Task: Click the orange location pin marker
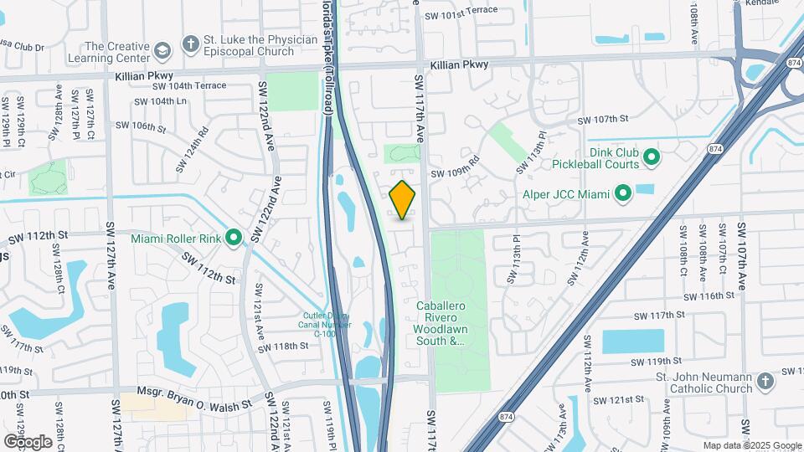403,199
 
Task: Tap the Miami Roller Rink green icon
234,239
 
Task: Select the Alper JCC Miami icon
622,195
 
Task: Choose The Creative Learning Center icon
162,52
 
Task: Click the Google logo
28,441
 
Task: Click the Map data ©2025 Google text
750,445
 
